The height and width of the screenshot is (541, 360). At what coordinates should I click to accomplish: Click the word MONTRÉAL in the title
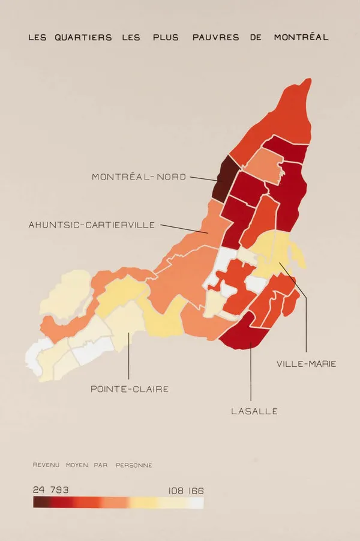[x=301, y=37]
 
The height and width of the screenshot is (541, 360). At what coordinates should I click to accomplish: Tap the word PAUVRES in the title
[x=216, y=37]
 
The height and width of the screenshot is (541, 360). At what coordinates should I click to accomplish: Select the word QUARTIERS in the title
[x=83, y=37]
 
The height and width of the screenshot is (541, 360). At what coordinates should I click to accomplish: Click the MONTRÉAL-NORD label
[x=139, y=177]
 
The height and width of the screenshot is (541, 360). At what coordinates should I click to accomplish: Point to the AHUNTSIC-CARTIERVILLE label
[x=92, y=225]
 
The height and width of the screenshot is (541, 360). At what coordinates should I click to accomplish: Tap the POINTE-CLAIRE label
[x=130, y=389]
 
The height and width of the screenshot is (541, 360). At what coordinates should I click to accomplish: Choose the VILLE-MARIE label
[x=306, y=364]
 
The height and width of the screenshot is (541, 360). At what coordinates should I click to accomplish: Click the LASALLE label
[x=254, y=411]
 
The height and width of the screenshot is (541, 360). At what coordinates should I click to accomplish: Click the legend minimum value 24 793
[x=50, y=490]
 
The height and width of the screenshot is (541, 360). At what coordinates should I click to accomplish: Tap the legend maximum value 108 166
[x=186, y=491]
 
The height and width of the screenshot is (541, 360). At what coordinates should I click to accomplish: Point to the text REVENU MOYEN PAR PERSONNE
[x=92, y=465]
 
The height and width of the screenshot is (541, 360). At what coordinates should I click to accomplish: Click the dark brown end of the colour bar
[x=37, y=503]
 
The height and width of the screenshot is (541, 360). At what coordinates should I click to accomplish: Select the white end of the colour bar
[x=199, y=503]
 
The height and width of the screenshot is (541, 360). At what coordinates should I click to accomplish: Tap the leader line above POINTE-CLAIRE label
[x=129, y=357]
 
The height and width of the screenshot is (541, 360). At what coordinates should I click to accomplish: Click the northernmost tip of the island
[x=308, y=79]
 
